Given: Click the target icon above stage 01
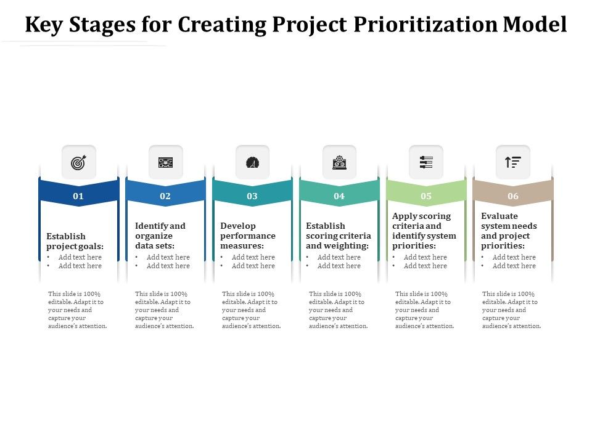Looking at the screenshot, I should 79,163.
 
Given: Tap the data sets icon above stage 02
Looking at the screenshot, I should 166,163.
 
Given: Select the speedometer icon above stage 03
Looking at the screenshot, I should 252,163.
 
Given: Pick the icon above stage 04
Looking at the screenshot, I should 339,163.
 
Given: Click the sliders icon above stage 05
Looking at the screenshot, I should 426,163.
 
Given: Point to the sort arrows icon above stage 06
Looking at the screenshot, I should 513,163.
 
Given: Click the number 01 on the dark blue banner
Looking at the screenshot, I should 78,196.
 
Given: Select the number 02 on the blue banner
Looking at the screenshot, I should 165,196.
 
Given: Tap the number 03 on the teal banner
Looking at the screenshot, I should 252,196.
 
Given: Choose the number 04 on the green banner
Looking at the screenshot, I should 339,196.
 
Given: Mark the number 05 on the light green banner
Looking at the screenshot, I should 426,196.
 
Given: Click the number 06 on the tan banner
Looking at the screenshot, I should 513,196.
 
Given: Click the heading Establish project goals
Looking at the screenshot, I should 75,241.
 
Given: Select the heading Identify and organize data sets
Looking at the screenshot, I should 160,236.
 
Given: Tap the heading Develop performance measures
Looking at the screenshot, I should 248,236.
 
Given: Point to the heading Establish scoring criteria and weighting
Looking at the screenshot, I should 338,236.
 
